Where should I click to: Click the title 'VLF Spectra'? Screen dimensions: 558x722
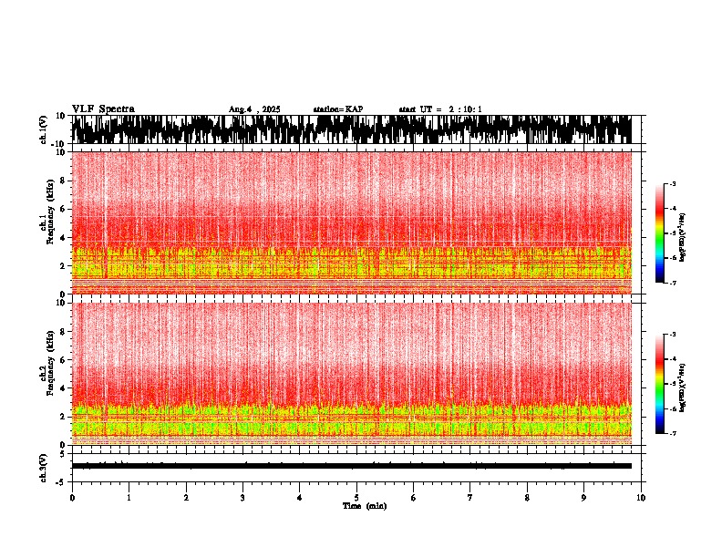tap(103, 109)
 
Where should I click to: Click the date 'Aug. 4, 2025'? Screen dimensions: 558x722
tap(254, 109)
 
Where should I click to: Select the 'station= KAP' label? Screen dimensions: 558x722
tap(337, 109)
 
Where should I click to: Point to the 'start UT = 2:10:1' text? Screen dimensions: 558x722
tap(440, 109)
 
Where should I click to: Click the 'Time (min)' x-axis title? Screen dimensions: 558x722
tap(364, 506)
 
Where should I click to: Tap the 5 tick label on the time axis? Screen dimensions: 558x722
tap(356, 498)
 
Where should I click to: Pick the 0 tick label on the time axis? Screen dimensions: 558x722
tap(72, 498)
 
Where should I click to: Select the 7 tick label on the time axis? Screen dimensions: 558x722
tap(470, 498)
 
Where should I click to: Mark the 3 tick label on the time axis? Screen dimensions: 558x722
tap(242, 498)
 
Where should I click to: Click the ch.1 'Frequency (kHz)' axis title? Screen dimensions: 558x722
tap(51, 222)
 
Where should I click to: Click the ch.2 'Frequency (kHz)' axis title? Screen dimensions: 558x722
tap(51, 373)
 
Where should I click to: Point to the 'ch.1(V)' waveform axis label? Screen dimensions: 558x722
tap(43, 129)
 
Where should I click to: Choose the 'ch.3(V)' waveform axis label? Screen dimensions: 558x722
tap(43, 466)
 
